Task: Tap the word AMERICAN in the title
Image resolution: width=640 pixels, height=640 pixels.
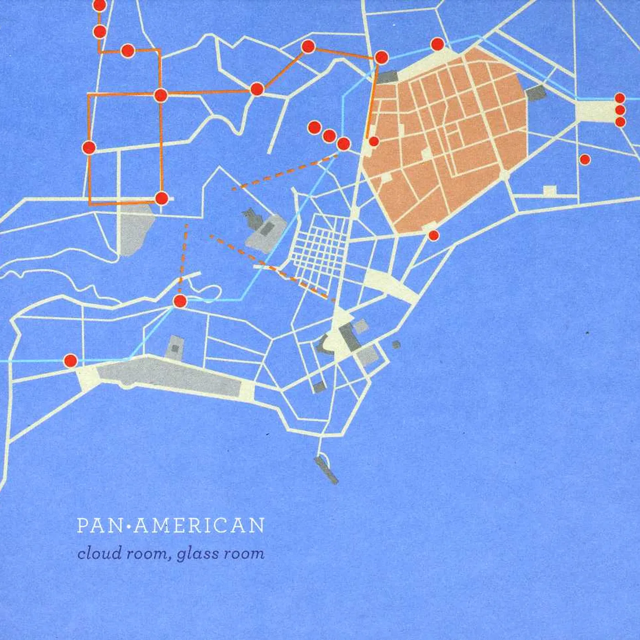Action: click(x=200, y=526)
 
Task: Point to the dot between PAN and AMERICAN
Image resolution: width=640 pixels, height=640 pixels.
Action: click(x=129, y=527)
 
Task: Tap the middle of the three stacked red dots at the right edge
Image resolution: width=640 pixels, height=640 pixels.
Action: click(x=620, y=110)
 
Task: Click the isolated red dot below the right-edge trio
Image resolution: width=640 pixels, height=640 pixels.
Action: click(x=585, y=160)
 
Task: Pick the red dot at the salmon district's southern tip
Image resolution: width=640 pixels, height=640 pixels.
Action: click(x=433, y=235)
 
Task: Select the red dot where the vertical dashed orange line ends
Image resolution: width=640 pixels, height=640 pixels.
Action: click(x=180, y=301)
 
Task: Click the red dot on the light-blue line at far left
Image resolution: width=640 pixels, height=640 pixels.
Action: click(x=70, y=361)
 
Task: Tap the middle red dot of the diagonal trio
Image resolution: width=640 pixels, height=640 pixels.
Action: click(x=329, y=136)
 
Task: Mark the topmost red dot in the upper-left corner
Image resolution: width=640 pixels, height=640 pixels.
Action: click(x=99, y=5)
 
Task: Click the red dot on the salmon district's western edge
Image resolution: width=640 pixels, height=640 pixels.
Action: click(x=373, y=142)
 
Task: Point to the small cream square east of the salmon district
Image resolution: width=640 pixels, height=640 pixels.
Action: click(x=549, y=191)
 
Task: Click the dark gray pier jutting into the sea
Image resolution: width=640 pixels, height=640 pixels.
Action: click(x=326, y=469)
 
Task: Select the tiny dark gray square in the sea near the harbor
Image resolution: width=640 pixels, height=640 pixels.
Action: click(x=396, y=345)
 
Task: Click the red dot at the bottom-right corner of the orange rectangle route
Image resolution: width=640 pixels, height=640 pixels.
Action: click(x=161, y=198)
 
